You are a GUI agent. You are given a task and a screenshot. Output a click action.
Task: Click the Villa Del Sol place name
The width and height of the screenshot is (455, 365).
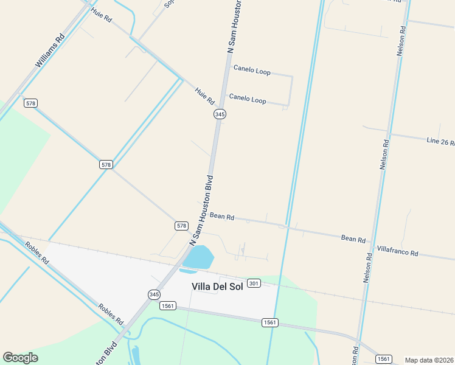tap(217, 287)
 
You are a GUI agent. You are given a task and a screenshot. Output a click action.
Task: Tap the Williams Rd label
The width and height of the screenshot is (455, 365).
tap(50, 51)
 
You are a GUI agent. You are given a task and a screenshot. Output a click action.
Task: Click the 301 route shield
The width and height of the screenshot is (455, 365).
tap(254, 283)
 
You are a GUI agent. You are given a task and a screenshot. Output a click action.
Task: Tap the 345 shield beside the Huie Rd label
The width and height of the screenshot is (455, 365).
tap(220, 114)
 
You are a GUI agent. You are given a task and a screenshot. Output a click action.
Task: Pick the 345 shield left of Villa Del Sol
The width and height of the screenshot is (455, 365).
tap(155, 294)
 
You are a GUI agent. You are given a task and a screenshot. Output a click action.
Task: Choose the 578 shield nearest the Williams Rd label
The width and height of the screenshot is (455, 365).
tap(30, 103)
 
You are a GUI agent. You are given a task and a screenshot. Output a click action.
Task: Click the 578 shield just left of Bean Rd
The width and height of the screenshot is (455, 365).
tap(181, 226)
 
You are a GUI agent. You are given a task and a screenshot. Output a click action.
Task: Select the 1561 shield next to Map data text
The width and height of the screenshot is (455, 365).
tap(383, 359)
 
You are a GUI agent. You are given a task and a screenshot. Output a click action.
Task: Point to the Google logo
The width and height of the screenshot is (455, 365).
tap(20, 358)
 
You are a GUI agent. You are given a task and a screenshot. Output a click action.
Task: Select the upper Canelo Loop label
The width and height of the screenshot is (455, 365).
tap(252, 71)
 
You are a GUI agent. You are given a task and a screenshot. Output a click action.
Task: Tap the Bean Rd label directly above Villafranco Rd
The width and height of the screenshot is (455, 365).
tap(353, 238)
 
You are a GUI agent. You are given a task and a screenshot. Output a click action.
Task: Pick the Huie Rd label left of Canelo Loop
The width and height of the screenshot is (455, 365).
tap(205, 95)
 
